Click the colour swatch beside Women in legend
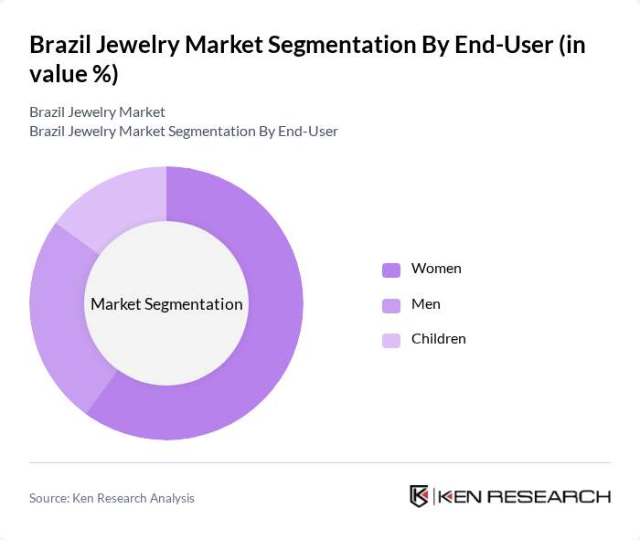click(x=391, y=270)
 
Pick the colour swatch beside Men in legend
click(x=391, y=304)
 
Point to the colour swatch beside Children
click(x=391, y=340)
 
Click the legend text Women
click(x=436, y=269)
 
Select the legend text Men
click(x=426, y=303)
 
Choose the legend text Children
click(x=439, y=339)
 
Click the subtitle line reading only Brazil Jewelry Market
click(x=97, y=112)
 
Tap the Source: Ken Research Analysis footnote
click(x=112, y=498)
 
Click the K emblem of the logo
click(x=419, y=496)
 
